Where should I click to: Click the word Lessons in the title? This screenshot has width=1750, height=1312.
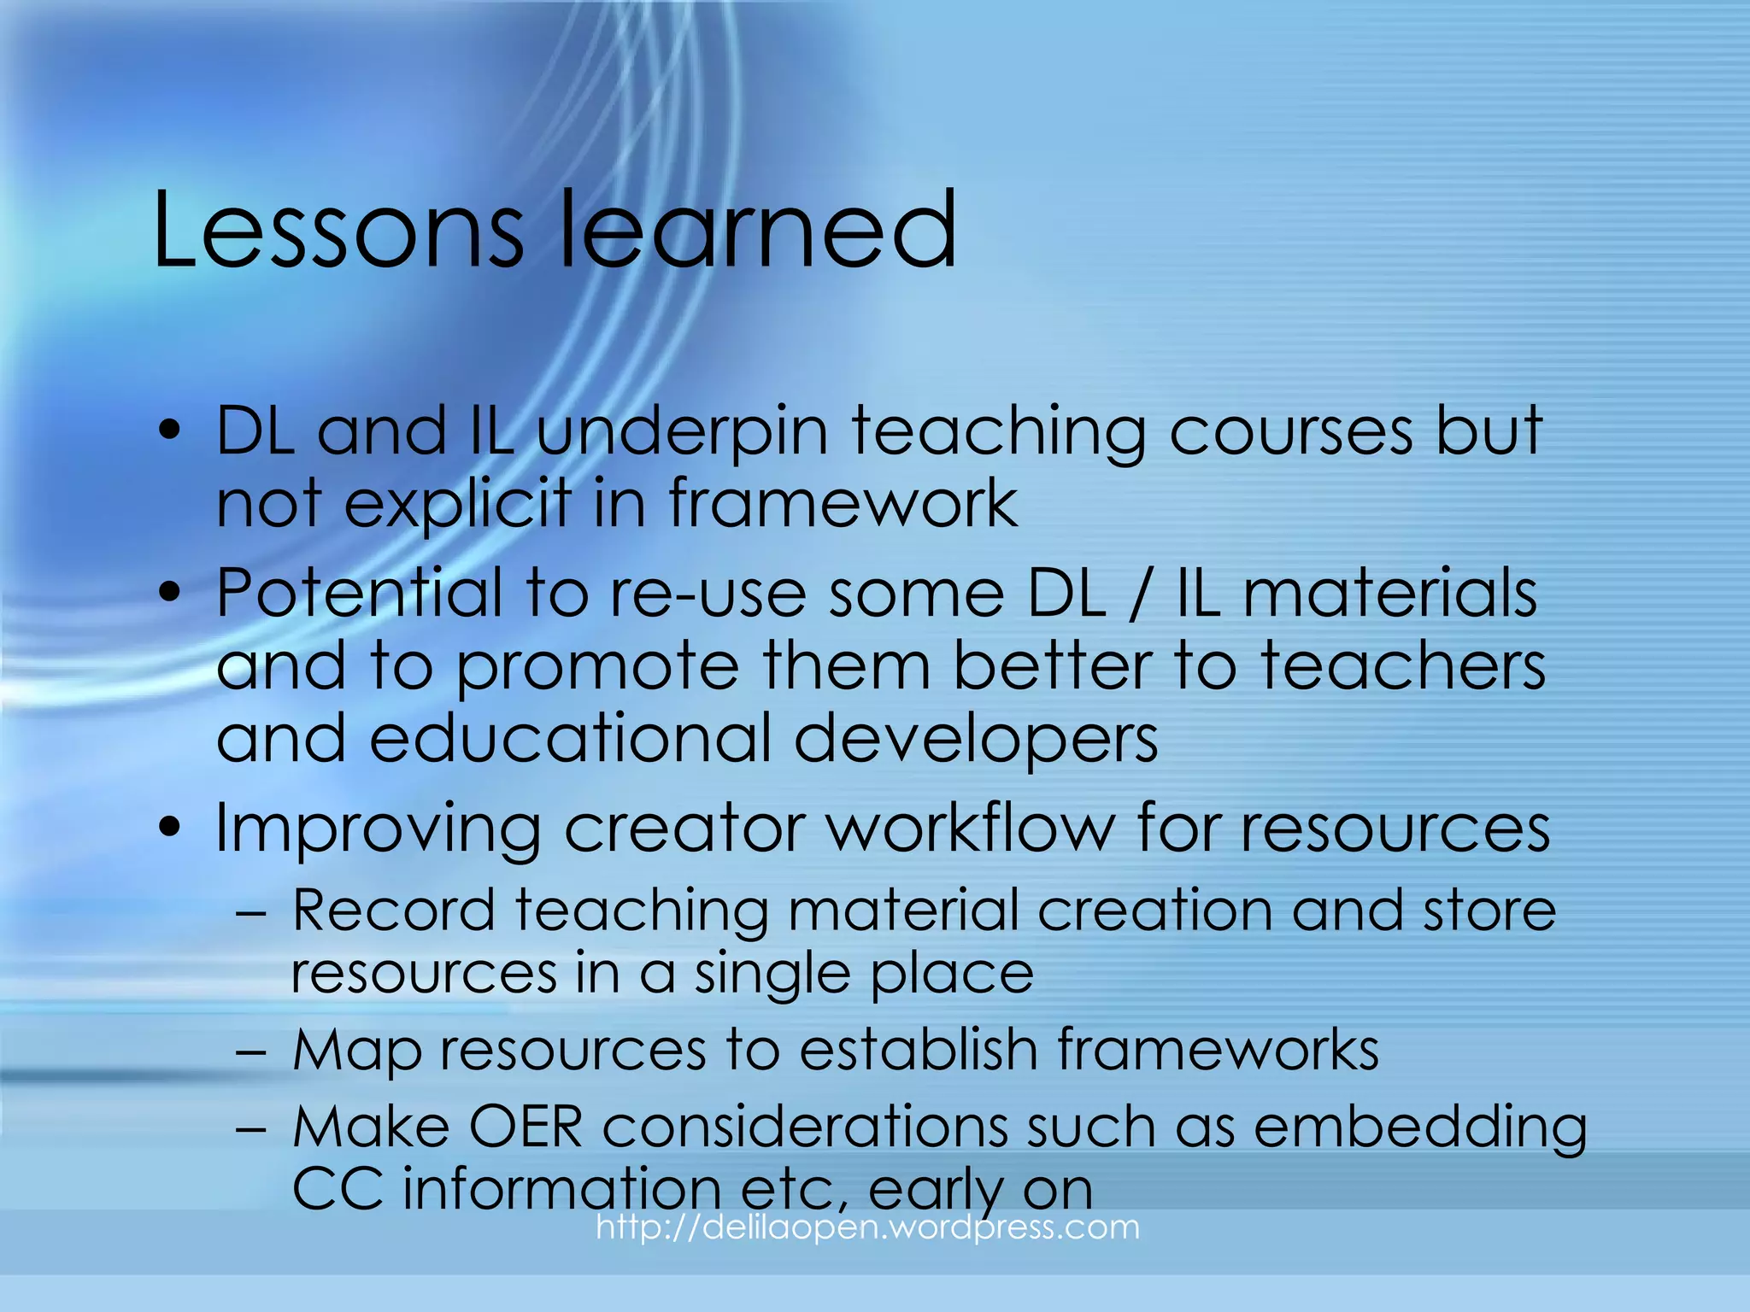click(338, 231)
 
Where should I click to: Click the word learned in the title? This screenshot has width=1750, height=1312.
click(757, 231)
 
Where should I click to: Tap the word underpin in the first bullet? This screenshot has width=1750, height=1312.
click(681, 432)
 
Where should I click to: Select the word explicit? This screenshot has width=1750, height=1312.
click(457, 504)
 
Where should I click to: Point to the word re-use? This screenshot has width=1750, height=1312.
click(708, 594)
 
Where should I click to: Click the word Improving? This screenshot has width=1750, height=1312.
click(378, 829)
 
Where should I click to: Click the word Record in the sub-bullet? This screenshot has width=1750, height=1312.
click(394, 911)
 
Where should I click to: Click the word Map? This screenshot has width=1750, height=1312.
click(356, 1051)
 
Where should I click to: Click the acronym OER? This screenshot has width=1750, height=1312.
click(526, 1127)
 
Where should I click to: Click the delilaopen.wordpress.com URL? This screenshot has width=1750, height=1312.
click(867, 1228)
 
